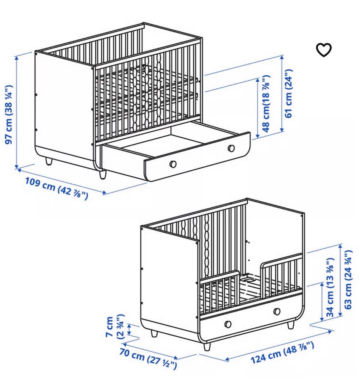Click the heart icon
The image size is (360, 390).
(x=324, y=50)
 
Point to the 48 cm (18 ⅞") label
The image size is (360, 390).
(x=265, y=104)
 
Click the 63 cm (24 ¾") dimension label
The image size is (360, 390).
(x=348, y=280)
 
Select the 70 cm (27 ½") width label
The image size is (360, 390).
(x=148, y=358)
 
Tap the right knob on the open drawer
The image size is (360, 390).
(x=231, y=148)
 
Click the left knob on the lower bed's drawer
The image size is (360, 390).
(x=228, y=324)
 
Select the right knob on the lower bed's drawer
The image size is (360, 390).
(x=277, y=312)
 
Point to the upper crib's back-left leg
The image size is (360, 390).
(x=49, y=161)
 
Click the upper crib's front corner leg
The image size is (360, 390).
(x=103, y=175)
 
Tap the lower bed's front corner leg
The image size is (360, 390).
(x=207, y=346)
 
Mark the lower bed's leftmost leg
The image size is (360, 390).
(x=154, y=333)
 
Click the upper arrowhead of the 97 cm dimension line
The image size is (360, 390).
(x=17, y=57)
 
